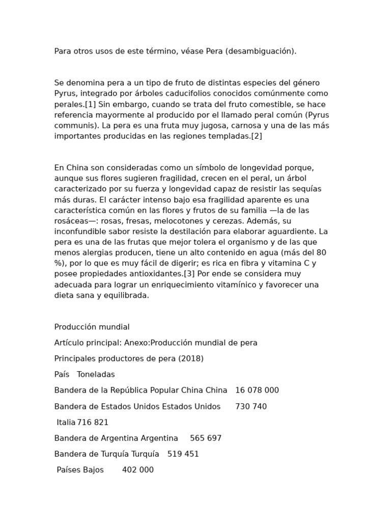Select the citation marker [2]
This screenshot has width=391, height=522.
click(257, 136)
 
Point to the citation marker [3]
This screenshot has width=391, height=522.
click(189, 274)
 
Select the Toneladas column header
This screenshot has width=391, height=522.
click(96, 374)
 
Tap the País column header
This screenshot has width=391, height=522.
click(62, 374)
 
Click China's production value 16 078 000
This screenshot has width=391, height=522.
click(257, 390)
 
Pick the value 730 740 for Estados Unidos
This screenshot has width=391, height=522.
click(251, 406)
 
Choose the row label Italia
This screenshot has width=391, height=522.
click(66, 422)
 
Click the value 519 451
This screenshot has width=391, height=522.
click(183, 454)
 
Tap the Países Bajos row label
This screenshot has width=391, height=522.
click(80, 469)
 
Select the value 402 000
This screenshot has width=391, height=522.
click(138, 469)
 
